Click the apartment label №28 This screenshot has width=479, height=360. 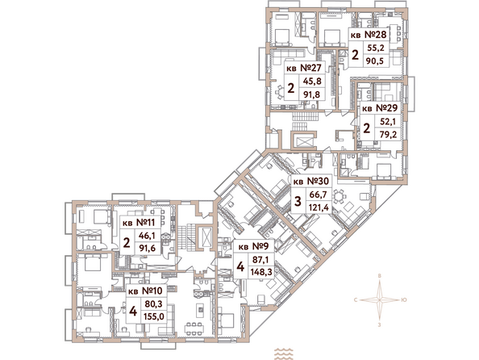coord(376,35)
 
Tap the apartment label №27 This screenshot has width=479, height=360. coord(310,68)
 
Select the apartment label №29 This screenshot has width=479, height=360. coord(386,108)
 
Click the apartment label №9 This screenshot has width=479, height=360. coord(260,246)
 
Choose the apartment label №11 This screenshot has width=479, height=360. coord(145,222)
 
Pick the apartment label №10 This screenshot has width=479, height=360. coord(152,291)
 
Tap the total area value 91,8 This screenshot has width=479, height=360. coord(311,94)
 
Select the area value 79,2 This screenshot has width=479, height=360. coord(388,134)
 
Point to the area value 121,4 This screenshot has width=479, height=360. coord(319,207)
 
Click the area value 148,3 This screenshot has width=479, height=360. coord(260,272)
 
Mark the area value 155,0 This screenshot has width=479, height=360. coord(154,316)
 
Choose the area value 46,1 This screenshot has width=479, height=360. coord(147,236)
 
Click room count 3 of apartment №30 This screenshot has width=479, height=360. coord(298,202)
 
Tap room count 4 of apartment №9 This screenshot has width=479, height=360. coord(240,266)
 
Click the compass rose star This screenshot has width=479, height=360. coord(379,300)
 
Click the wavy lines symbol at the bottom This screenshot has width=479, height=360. coord(283,354)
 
